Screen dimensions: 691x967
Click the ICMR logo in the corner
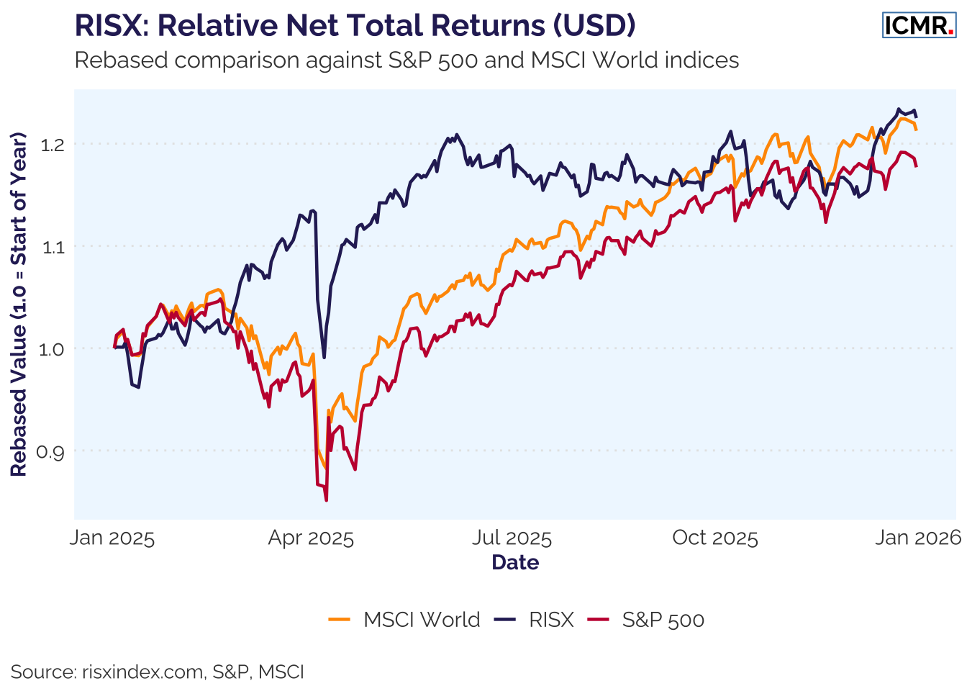[919, 25]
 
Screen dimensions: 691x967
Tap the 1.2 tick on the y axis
[53, 145]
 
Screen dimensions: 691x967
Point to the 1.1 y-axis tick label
[53, 247]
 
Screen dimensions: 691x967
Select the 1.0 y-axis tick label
[53, 349]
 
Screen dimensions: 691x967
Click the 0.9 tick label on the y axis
[53, 452]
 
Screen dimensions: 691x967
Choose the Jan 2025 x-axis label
[112, 538]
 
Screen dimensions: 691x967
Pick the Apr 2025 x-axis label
[311, 538]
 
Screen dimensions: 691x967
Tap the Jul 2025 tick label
[512, 538]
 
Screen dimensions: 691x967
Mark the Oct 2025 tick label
[715, 538]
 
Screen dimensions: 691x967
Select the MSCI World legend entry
[404, 620]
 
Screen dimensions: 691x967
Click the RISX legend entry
[535, 620]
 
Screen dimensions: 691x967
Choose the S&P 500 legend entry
[646, 620]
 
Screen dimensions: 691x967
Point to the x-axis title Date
[515, 562]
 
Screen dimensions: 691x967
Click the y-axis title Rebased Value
[19, 304]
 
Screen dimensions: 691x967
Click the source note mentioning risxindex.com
[157, 672]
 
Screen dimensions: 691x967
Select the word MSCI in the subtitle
[558, 60]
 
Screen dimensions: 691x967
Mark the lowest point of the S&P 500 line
[327, 500]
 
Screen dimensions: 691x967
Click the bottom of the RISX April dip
[324, 358]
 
